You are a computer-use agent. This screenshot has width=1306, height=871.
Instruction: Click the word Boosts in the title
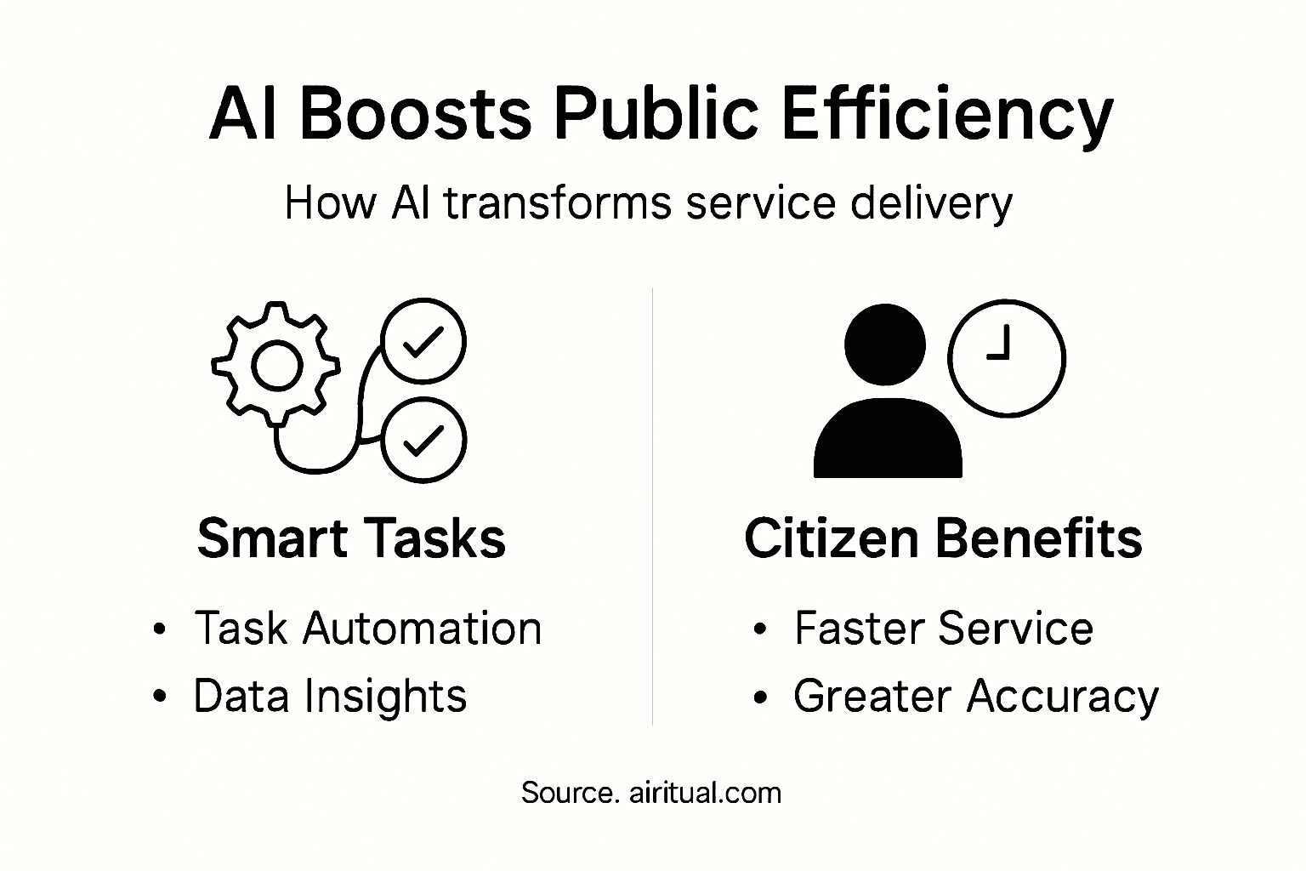tap(415, 114)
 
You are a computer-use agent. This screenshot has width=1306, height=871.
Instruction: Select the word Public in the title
tap(655, 114)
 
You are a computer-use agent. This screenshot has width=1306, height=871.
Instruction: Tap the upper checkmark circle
tap(423, 341)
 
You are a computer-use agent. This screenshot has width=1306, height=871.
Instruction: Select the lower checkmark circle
tap(423, 440)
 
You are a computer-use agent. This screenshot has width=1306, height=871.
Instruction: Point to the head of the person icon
tap(884, 344)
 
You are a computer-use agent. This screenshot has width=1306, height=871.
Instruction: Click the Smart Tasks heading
tap(351, 538)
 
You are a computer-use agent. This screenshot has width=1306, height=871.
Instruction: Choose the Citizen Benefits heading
tap(943, 538)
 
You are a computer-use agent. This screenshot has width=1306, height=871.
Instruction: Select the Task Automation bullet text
tap(367, 629)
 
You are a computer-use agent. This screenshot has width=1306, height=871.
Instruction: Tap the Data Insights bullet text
tap(330, 696)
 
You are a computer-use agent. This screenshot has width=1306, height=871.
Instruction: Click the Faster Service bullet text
tap(943, 629)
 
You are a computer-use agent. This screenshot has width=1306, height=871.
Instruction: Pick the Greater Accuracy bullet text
tap(975, 696)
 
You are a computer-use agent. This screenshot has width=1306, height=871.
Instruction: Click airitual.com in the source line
tap(705, 793)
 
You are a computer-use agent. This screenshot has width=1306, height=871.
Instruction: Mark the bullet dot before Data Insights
tap(159, 697)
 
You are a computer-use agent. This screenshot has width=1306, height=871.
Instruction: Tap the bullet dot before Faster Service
tap(760, 629)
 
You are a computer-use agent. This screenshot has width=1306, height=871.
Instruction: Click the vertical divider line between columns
tap(652, 510)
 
